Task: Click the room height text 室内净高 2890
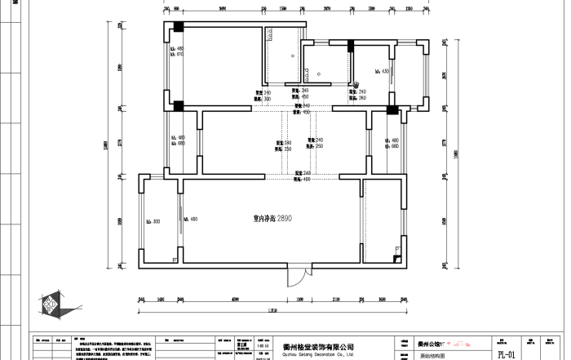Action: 272,219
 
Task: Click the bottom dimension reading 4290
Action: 235,300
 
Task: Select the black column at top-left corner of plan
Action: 175,26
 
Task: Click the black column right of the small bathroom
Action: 352,45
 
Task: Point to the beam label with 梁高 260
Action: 358,96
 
